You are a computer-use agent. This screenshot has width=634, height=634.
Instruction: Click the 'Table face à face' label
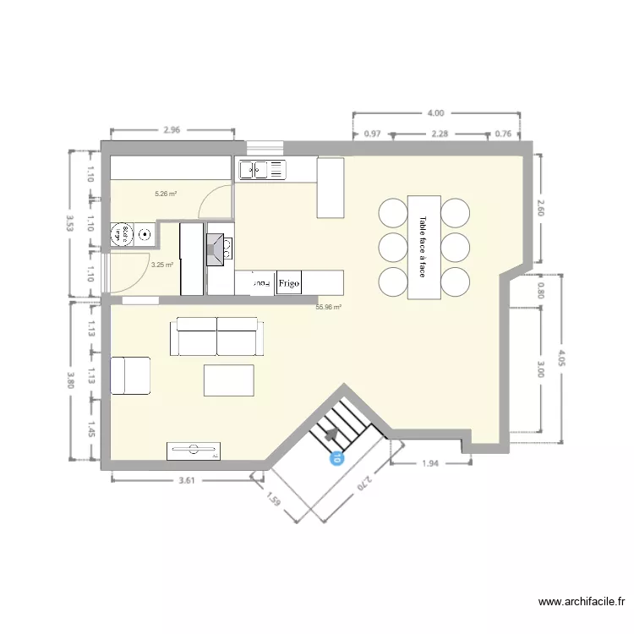click(423, 247)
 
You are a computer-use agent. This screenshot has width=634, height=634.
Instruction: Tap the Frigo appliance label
click(289, 282)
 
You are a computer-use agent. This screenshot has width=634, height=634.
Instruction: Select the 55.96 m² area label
click(328, 308)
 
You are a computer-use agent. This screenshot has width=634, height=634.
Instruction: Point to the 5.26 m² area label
click(166, 194)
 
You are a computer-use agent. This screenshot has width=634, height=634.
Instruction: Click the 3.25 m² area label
click(161, 265)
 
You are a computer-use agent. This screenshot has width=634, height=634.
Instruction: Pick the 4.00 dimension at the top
click(436, 112)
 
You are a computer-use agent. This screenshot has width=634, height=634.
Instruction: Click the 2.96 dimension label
click(172, 130)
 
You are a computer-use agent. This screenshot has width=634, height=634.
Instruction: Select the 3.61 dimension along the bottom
click(187, 480)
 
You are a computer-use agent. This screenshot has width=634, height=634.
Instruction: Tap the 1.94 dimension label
click(430, 463)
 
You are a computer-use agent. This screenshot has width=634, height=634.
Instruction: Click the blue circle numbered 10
click(336, 459)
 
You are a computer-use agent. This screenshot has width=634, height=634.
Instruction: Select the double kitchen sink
click(263, 170)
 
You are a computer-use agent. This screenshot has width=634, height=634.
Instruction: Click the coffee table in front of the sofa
click(229, 380)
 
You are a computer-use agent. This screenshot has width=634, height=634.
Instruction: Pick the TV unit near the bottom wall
click(194, 451)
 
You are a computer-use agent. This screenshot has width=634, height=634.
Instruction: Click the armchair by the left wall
click(131, 375)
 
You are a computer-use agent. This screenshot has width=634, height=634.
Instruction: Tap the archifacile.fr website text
click(582, 602)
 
